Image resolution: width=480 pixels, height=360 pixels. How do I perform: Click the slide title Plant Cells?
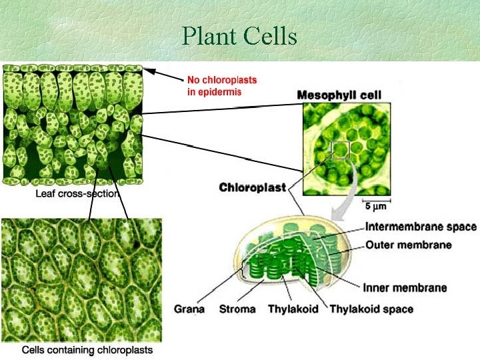click(239, 36)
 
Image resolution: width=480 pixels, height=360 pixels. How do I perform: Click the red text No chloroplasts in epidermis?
click(221, 86)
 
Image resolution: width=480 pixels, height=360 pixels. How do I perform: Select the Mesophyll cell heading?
click(339, 95)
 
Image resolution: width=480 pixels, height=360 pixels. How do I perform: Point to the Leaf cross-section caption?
click(77, 194)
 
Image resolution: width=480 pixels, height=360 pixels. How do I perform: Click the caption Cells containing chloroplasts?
click(87, 349)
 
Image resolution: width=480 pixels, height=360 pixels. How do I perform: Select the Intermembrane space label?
click(421, 227)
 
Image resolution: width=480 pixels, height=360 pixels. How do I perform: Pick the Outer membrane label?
click(408, 245)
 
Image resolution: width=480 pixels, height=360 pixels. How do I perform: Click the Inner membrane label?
click(405, 288)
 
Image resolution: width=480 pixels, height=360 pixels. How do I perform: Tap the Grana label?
click(189, 309)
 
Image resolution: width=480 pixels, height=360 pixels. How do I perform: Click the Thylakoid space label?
click(371, 309)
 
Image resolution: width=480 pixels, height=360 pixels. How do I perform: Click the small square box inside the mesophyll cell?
click(341, 151)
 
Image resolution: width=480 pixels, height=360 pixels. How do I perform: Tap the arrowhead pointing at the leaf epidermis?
click(151, 71)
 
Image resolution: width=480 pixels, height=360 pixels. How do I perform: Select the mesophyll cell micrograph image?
click(345, 148)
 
